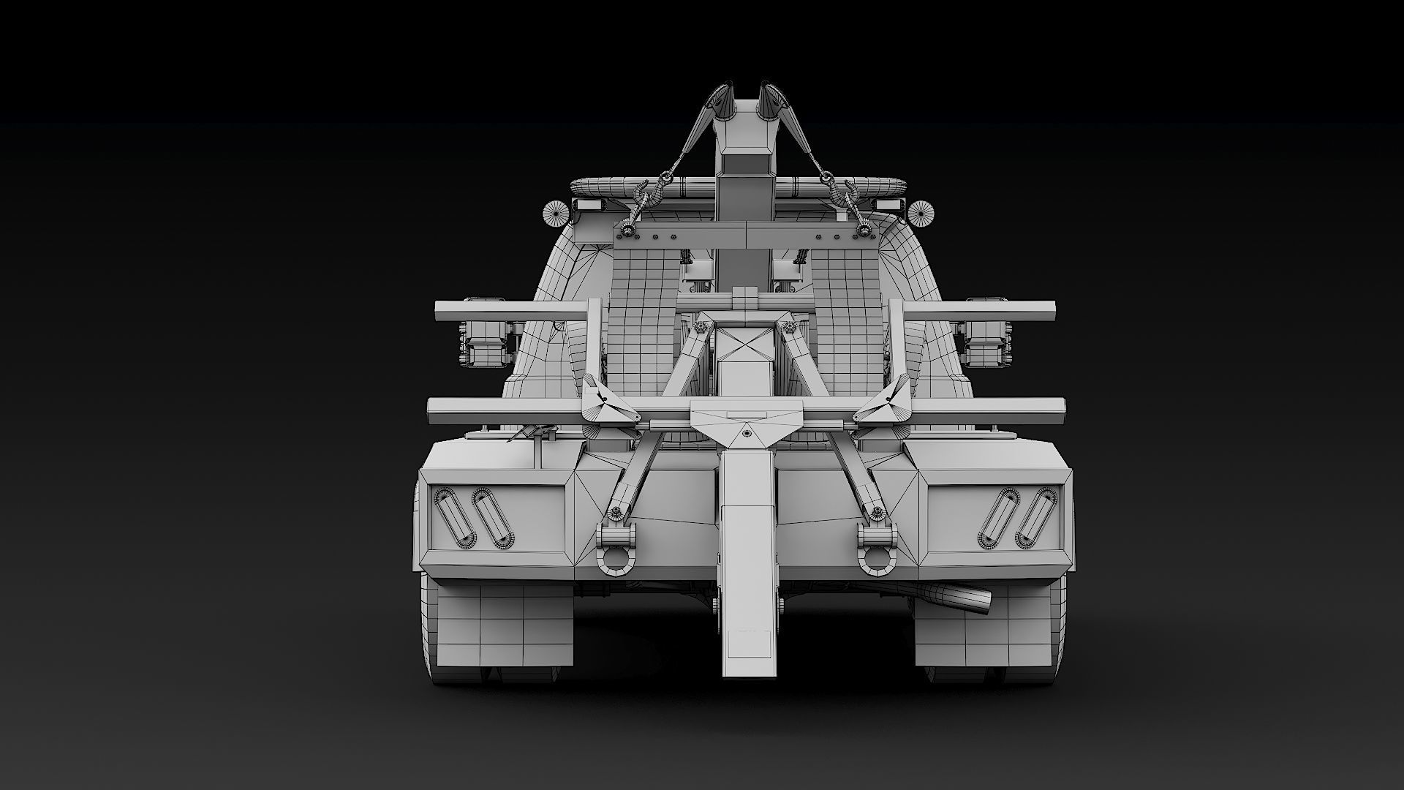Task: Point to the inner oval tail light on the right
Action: point(998,518)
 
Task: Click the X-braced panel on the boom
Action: point(745,345)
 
